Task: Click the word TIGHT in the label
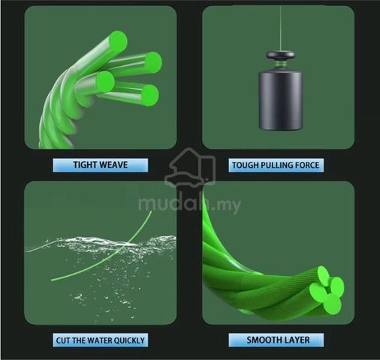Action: coord(86,165)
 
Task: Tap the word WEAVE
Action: coord(114,165)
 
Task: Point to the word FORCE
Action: coord(307,165)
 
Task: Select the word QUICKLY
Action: coord(129,340)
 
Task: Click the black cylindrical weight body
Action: coord(280,101)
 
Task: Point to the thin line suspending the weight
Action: coord(280,28)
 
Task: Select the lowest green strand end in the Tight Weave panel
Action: coord(149,95)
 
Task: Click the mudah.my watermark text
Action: coord(189,204)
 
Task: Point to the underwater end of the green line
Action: coord(52,280)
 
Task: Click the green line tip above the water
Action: coord(151,212)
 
